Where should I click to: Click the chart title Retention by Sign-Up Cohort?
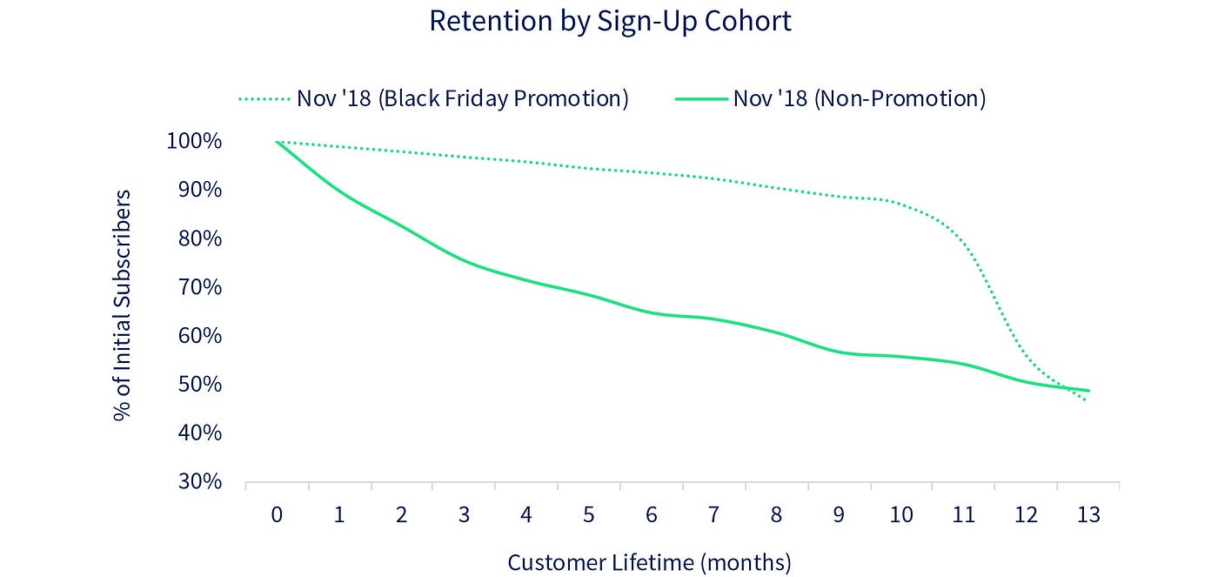[x=610, y=21]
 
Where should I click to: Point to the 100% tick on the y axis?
[x=193, y=141]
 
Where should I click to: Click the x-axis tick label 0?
[x=277, y=515]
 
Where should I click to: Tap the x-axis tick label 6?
[x=651, y=515]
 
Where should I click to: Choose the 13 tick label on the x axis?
[x=1088, y=515]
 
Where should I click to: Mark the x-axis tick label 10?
[x=901, y=515]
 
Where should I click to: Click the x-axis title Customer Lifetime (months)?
[x=649, y=562]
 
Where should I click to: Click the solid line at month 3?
[x=464, y=261]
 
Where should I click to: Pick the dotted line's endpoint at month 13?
[x=1086, y=400]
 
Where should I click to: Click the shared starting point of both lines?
[x=277, y=141]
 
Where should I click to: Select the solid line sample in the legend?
[x=700, y=99]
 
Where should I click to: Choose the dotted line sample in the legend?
[x=264, y=99]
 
